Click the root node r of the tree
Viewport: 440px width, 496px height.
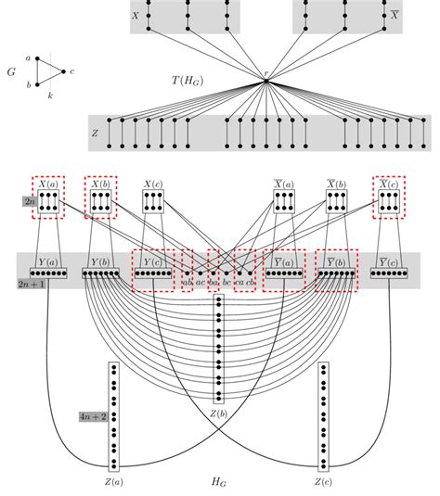(265, 83)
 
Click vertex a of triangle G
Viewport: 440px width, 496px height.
(38, 58)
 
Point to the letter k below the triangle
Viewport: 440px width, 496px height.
(49, 95)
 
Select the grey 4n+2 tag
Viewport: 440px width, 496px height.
(94, 417)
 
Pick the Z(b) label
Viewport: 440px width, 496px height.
(219, 412)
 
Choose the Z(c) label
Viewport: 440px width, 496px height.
(323, 482)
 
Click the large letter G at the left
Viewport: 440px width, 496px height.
(11, 70)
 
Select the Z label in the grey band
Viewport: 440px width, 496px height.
(95, 134)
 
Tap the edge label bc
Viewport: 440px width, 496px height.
(226, 280)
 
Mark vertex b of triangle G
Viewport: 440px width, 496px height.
(38, 83)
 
